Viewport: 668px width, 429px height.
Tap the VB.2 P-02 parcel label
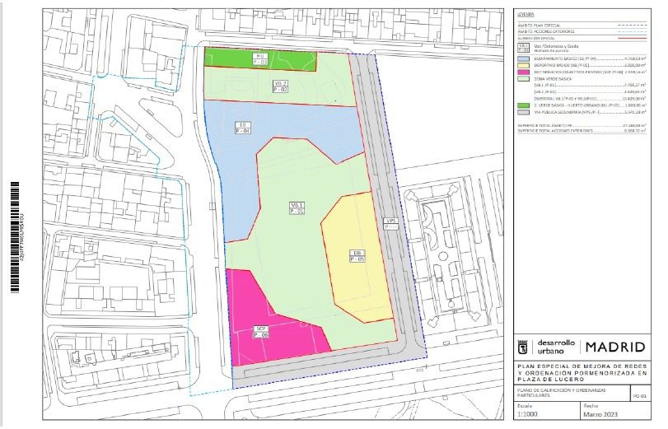pos(281,86)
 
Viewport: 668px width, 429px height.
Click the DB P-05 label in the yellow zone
pos(357,255)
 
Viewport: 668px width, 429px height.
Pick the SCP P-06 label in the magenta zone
pos(260,332)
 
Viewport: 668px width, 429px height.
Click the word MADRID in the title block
pos(615,347)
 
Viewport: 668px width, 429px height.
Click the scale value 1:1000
pos(530,415)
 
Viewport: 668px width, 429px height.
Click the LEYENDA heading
pos(525,14)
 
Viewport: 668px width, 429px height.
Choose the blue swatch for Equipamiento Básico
pos(522,58)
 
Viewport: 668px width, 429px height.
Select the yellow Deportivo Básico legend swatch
pos(522,66)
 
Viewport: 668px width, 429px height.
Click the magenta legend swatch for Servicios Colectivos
pos(522,73)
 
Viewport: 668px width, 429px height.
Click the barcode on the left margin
pos(14,235)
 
